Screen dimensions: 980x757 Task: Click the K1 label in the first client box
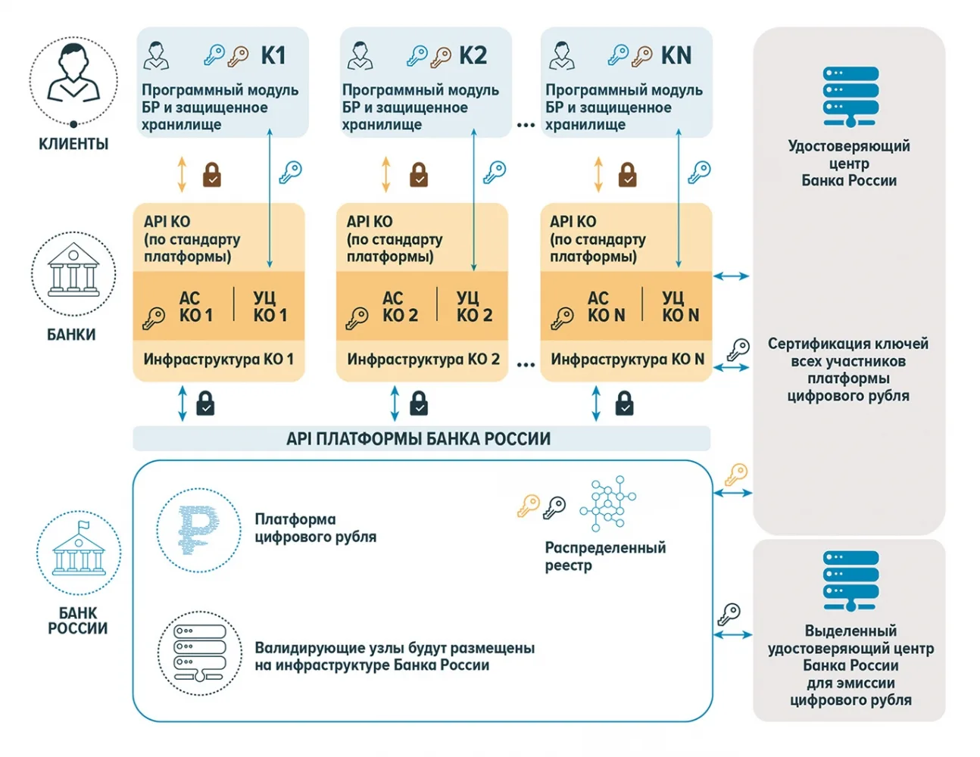[273, 55]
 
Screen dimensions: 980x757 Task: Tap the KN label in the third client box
[676, 55]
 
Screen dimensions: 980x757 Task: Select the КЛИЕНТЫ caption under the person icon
[73, 144]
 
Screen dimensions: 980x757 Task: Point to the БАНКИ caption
[71, 335]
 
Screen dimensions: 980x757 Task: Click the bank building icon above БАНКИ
[73, 269]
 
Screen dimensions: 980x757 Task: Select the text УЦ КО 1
[270, 307]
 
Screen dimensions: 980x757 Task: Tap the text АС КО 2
[400, 307]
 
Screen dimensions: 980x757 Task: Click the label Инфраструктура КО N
[627, 359]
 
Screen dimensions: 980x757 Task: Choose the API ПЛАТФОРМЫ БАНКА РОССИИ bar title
[419, 438]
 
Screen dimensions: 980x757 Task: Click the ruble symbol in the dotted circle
[198, 530]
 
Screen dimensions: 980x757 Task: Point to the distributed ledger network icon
[608, 503]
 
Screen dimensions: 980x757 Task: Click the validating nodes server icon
[200, 653]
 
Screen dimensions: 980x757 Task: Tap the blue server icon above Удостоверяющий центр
[850, 96]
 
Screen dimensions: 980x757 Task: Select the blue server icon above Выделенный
[850, 581]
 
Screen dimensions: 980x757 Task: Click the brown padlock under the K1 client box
[212, 175]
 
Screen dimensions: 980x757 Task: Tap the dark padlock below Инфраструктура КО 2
[419, 403]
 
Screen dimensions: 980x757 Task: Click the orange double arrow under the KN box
[598, 175]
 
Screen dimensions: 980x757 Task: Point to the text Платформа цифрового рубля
[316, 528]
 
